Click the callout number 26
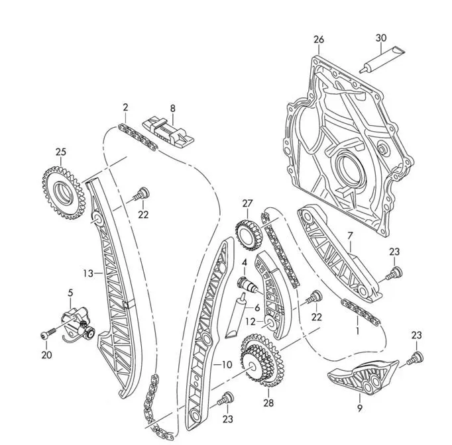point(319,40)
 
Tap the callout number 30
point(381,38)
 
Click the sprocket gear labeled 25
point(64,193)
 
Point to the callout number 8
point(172,109)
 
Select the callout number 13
point(88,273)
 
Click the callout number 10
point(227,365)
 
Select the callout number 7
point(350,236)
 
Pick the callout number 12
point(251,322)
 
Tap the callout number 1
point(357,330)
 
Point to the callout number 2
point(125,107)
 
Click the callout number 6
point(257,308)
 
